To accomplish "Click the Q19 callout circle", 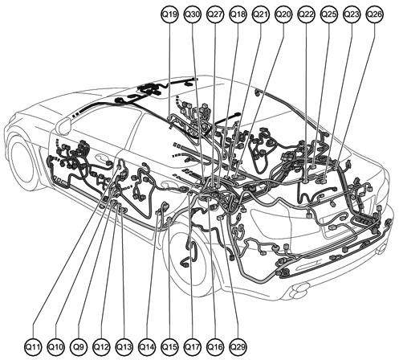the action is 169,14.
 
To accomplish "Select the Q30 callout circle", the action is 193,14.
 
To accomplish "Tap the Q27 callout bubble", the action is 215,14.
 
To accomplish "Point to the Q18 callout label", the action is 238,14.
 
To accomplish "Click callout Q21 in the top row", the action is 261,14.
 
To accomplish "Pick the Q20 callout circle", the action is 283,14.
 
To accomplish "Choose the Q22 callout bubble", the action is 306,14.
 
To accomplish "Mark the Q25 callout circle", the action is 329,14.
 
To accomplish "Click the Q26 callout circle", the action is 374,14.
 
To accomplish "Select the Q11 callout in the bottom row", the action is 33,347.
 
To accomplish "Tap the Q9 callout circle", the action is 79,347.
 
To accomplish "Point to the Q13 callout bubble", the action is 124,347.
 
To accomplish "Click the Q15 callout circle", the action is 169,347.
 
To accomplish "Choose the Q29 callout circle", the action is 238,347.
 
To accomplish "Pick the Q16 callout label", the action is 215,347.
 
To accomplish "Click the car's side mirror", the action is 63,125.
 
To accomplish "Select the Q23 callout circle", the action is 352,14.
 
